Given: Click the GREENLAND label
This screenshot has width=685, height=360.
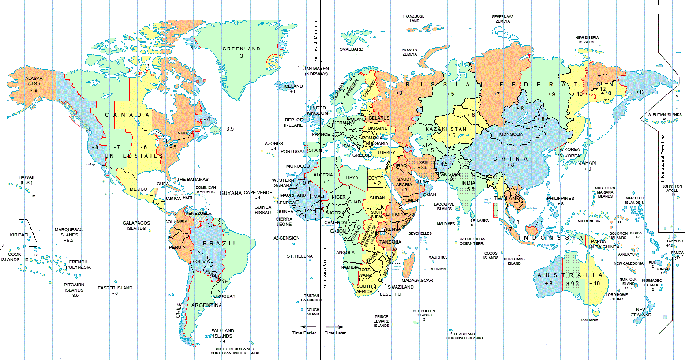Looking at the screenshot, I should click(x=241, y=49).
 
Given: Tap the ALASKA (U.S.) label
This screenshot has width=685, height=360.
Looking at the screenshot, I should click(x=34, y=81).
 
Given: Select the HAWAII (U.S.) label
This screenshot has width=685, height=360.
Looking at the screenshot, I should click(x=26, y=180).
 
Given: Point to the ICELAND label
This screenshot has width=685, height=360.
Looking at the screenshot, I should click(x=293, y=86).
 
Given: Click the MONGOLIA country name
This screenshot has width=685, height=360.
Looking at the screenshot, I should click(x=511, y=134).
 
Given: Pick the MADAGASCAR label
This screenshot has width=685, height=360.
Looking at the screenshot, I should click(x=417, y=281).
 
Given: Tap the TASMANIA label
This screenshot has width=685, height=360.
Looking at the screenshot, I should click(x=589, y=320).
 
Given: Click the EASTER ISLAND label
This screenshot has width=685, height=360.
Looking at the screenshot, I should click(x=115, y=288).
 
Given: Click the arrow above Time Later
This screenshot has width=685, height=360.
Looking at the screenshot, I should click(x=335, y=327).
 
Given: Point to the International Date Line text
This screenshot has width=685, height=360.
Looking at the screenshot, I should click(x=662, y=158).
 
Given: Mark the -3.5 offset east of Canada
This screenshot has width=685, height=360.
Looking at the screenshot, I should click(x=228, y=129).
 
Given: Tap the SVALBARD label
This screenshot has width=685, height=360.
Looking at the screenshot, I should click(x=351, y=49).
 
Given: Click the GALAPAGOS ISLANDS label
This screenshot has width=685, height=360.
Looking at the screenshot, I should click(x=136, y=226).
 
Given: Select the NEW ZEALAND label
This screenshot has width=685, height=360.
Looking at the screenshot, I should click(x=641, y=312).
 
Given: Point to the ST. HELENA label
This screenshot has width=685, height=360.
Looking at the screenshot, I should click(x=299, y=256).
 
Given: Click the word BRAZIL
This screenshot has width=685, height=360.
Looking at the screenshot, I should click(x=220, y=244).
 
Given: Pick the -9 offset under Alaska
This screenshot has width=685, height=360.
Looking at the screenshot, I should click(x=34, y=90).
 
